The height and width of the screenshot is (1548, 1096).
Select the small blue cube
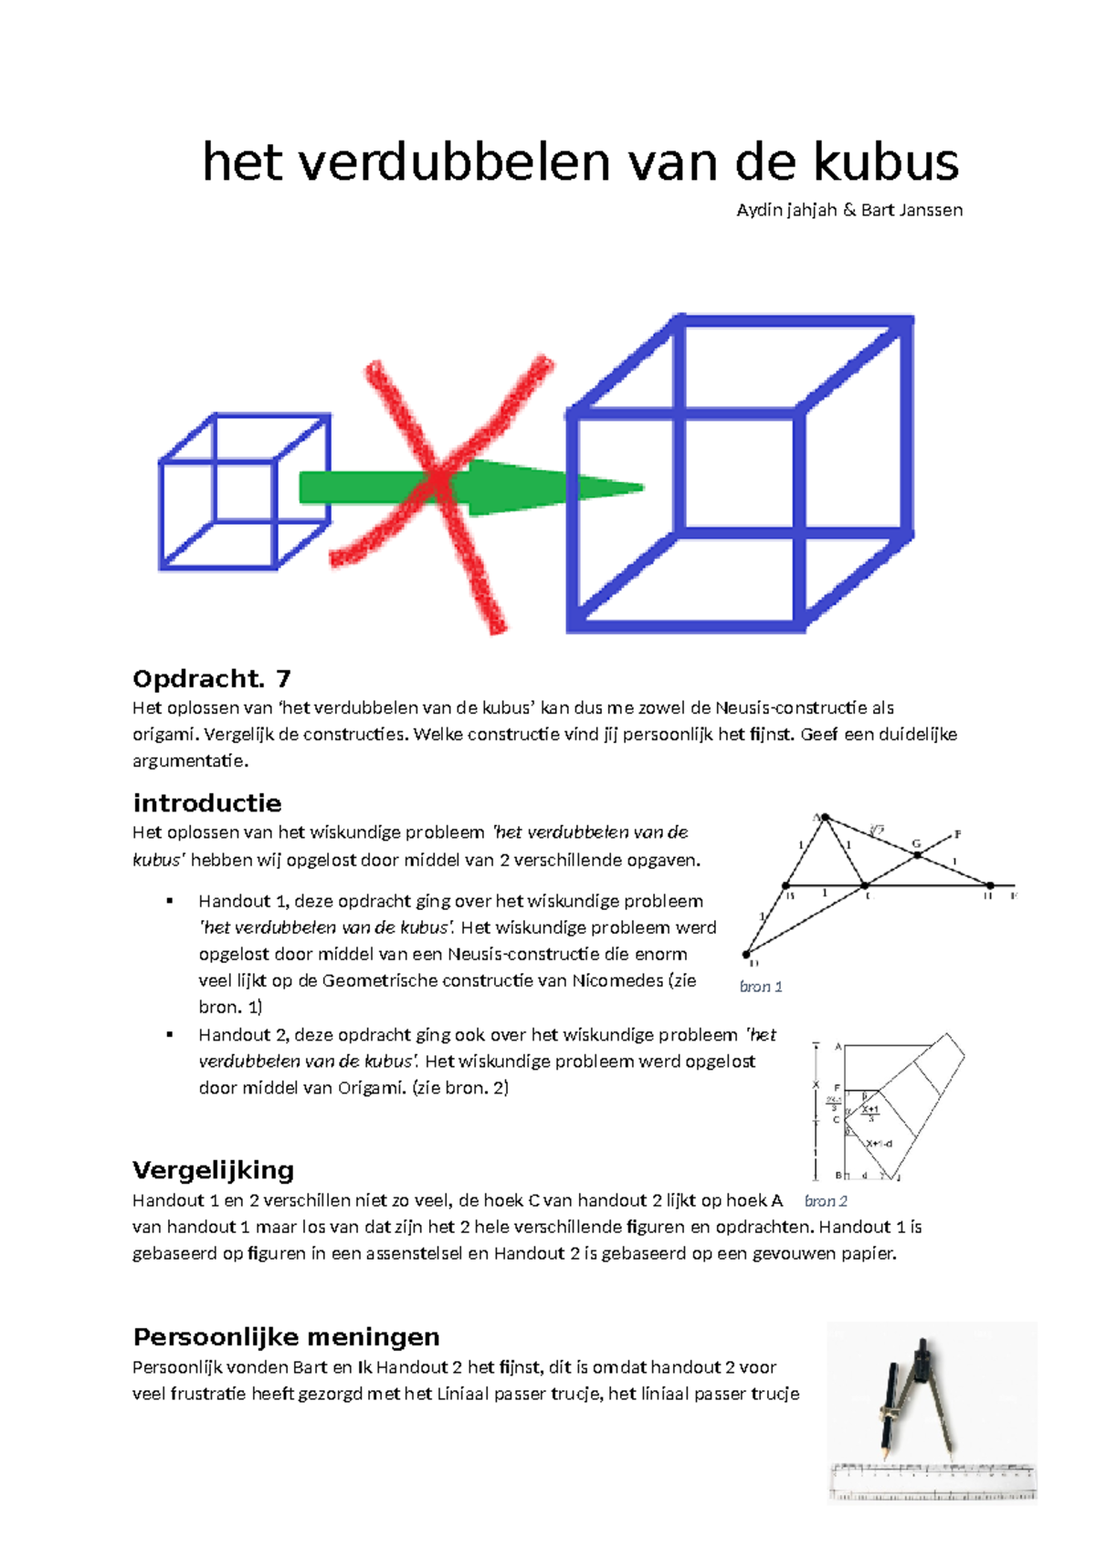click(244, 493)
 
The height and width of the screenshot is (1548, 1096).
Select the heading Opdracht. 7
click(212, 678)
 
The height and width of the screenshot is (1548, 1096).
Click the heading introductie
click(207, 803)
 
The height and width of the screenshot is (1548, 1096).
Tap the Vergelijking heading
click(214, 1170)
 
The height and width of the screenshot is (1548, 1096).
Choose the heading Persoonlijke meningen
click(286, 1337)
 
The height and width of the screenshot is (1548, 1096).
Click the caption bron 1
click(761, 987)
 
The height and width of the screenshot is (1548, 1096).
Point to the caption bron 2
click(826, 1201)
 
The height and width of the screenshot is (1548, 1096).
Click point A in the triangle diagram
click(825, 818)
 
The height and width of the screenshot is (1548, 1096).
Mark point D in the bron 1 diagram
click(747, 955)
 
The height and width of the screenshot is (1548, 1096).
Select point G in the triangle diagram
click(918, 854)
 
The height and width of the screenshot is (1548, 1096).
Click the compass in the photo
click(918, 1396)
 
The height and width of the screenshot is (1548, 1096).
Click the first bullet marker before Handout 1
click(169, 901)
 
